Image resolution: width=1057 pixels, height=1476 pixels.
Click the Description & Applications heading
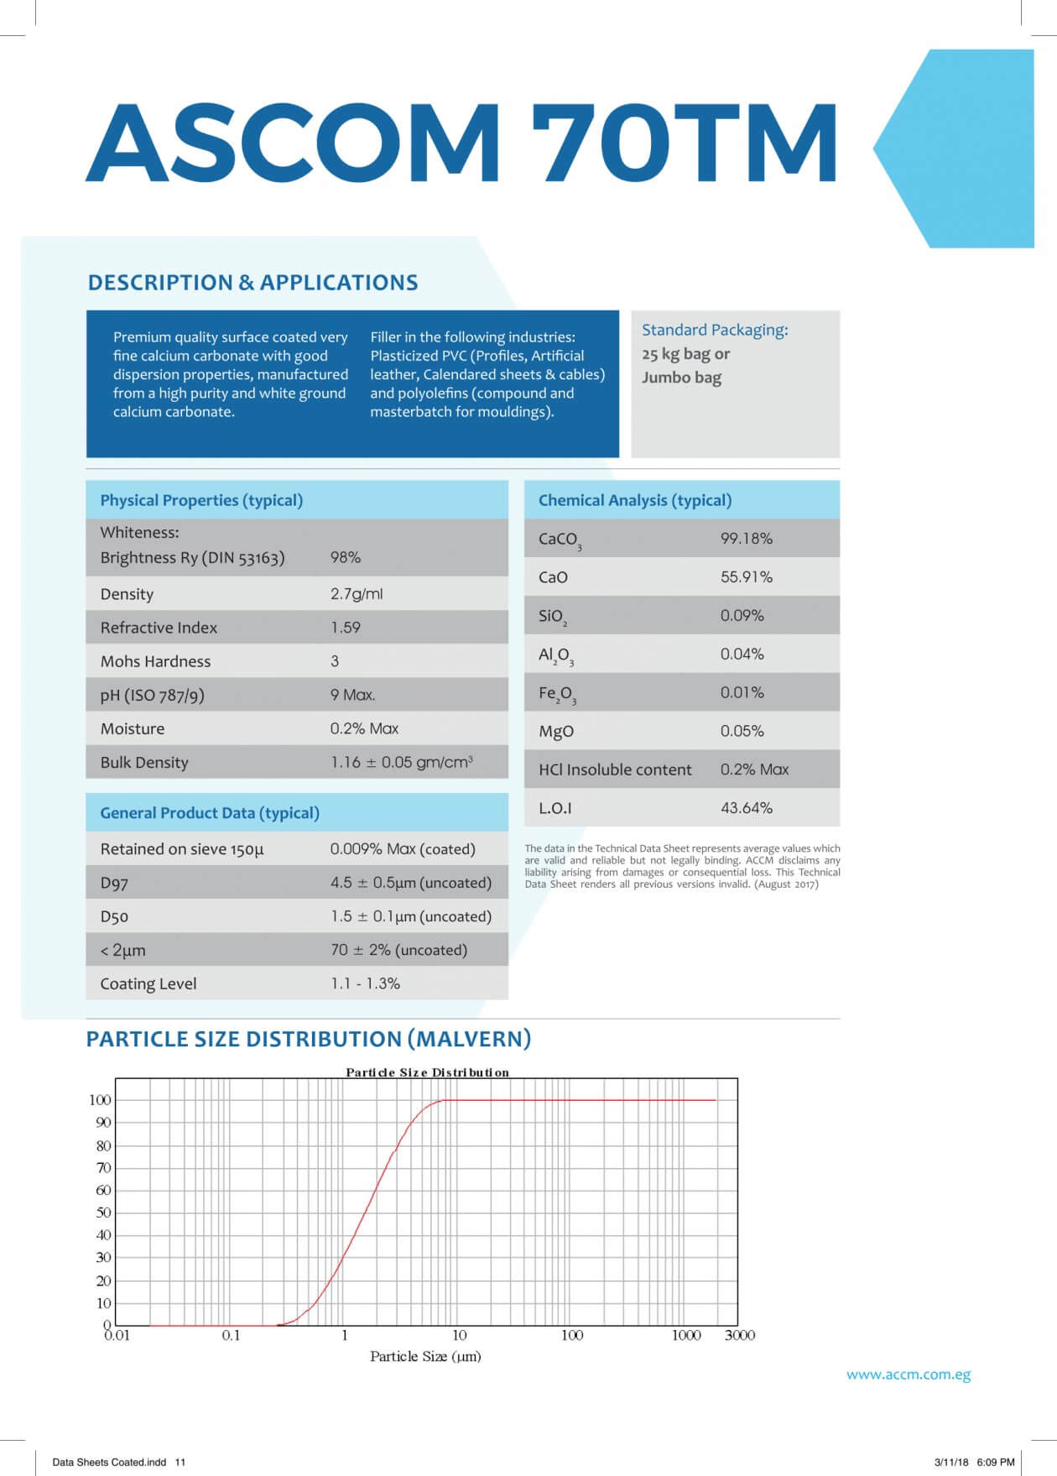click(x=253, y=283)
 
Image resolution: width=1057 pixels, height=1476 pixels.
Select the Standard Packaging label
click(x=715, y=330)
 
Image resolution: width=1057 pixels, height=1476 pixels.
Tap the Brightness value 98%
click(x=346, y=557)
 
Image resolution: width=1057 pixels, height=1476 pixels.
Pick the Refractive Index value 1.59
click(x=346, y=628)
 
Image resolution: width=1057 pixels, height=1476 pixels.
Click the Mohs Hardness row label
click(x=155, y=661)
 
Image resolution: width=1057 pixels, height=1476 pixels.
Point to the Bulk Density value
click(x=401, y=762)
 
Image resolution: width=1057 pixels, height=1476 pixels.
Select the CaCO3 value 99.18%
click(x=746, y=538)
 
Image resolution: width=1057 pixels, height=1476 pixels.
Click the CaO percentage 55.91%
click(x=746, y=576)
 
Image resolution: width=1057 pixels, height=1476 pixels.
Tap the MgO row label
click(x=556, y=731)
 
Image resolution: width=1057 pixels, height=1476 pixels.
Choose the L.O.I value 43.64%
click(x=746, y=808)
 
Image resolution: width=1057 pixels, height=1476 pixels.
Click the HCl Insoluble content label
click(x=615, y=769)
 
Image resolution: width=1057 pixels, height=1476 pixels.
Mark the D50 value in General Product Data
click(x=410, y=916)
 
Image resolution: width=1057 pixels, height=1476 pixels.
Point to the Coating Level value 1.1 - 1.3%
click(x=365, y=983)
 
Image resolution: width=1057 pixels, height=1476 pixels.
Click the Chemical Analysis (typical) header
click(x=635, y=500)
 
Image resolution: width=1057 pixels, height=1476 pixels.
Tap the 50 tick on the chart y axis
click(x=103, y=1213)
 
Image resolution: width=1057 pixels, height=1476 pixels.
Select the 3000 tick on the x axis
click(x=739, y=1335)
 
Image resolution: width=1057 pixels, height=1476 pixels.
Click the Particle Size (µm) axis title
click(x=425, y=1356)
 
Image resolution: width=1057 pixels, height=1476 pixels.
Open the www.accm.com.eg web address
click(x=909, y=1374)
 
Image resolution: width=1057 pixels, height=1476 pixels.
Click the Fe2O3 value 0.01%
click(x=742, y=692)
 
